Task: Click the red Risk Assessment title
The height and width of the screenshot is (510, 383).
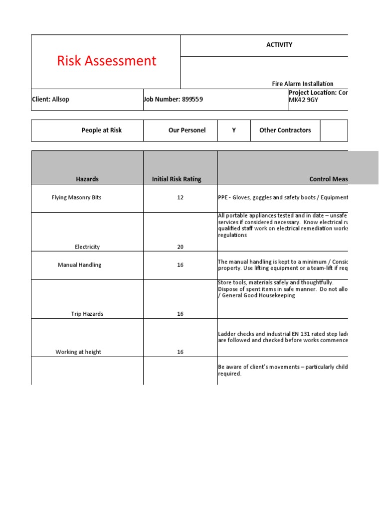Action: (106, 61)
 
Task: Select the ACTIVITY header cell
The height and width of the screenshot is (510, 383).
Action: (279, 45)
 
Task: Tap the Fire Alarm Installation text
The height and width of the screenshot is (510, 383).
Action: (302, 84)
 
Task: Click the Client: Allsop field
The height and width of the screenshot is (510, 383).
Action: (50, 99)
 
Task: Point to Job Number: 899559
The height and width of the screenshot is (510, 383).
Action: (173, 99)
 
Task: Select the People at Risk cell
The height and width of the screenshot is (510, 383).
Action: (101, 130)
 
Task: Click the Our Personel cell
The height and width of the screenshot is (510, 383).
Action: (187, 130)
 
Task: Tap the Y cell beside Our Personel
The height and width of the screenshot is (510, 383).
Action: (233, 130)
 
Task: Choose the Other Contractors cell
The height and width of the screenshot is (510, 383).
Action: (285, 130)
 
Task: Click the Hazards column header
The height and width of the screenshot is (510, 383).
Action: (87, 179)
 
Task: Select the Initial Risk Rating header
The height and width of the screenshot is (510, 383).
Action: (180, 179)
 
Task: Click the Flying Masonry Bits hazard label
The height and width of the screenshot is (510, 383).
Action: (76, 197)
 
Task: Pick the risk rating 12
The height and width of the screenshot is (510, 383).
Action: (180, 197)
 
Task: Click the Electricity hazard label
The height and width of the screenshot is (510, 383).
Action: (87, 247)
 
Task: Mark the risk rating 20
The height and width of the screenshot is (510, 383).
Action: (180, 247)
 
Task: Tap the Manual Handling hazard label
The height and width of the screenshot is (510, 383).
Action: (79, 265)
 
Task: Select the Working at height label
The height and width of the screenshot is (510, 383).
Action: (78, 352)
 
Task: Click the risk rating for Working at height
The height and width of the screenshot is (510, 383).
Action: (180, 352)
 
